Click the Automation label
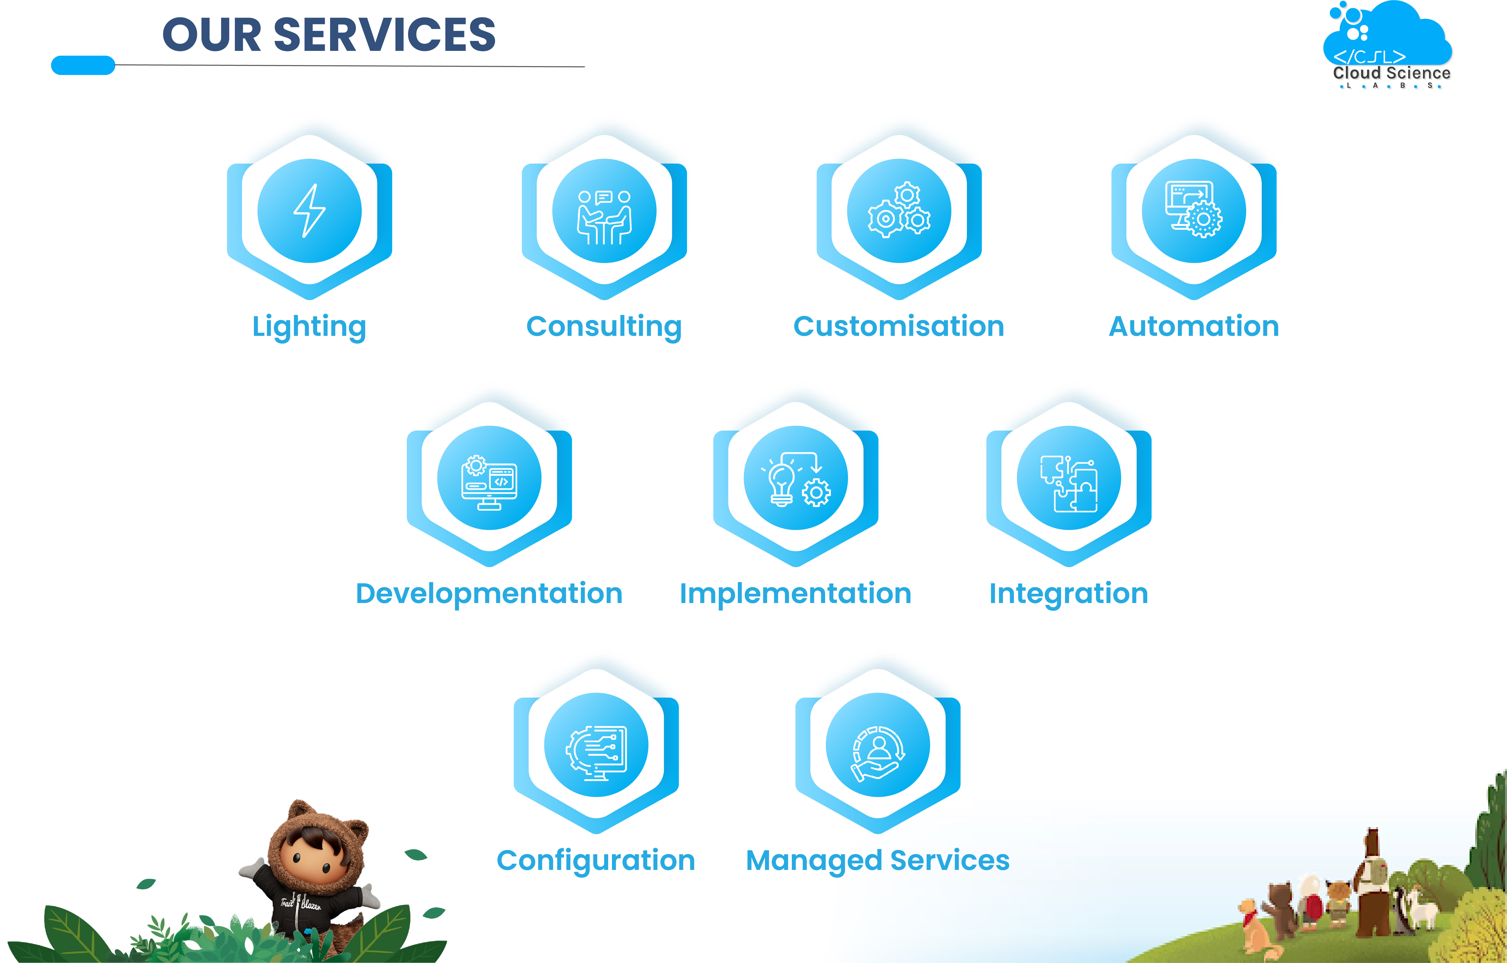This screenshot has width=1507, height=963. coord(1194,327)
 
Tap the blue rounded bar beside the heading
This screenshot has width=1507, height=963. coord(83,65)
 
